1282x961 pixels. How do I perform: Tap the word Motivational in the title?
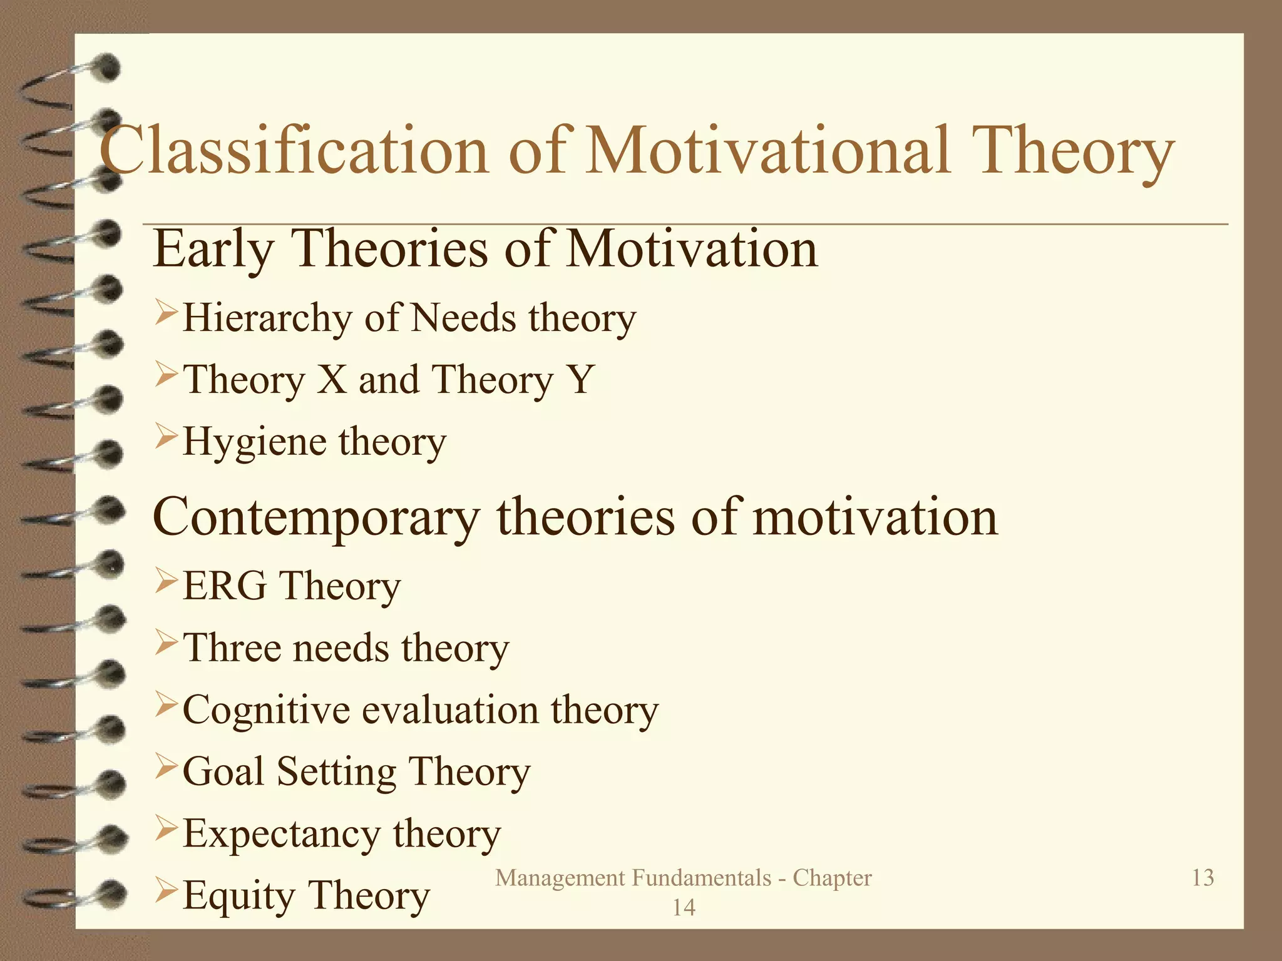(x=769, y=150)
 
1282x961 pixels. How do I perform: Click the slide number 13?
(x=1203, y=877)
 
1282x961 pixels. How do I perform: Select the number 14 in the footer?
(x=684, y=907)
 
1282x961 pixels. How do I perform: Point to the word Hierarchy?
(x=268, y=318)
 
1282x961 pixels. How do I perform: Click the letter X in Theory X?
(x=332, y=379)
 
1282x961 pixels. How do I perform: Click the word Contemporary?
(x=316, y=518)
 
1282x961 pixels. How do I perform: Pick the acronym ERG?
(x=225, y=586)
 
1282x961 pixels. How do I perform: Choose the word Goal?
(x=223, y=771)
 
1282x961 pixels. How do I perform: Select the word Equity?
(x=238, y=896)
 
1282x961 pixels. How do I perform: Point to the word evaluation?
(x=451, y=711)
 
